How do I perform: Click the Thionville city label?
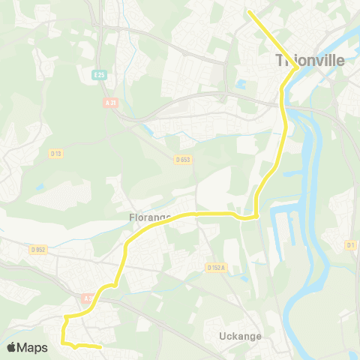tap(309, 60)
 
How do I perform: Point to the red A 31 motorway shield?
tap(112, 103)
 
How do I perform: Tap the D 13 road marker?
tap(55, 153)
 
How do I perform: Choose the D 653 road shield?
tap(183, 159)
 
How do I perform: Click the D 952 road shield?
tap(39, 249)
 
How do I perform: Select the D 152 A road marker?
tap(216, 267)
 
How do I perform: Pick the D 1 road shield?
tap(351, 245)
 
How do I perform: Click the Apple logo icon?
tap(11, 347)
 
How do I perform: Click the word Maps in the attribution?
tap(33, 347)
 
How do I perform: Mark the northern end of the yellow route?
tap(249, 12)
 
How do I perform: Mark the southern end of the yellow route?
tap(100, 347)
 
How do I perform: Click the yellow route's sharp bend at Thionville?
tap(298, 67)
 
